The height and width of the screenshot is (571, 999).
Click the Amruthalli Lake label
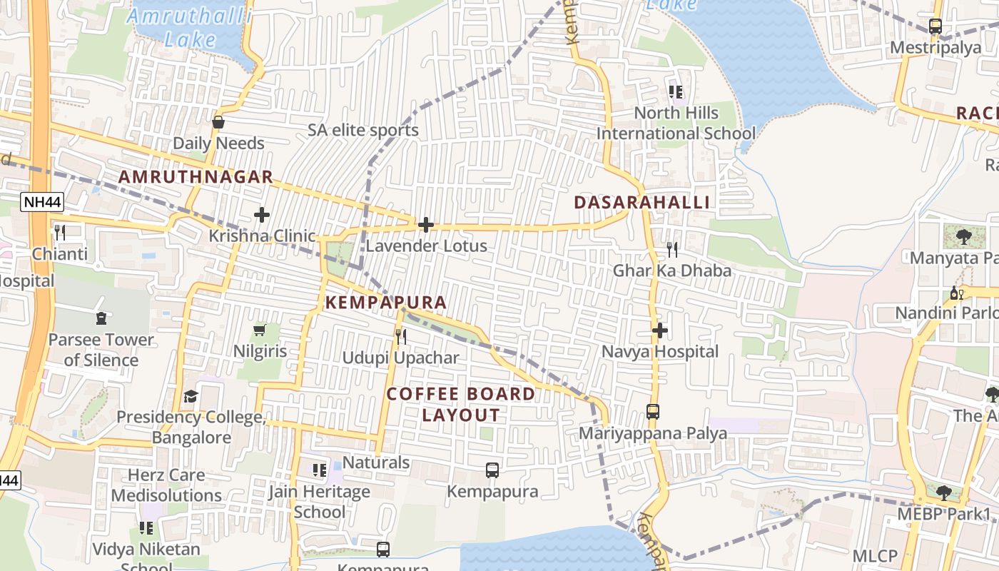[189, 27]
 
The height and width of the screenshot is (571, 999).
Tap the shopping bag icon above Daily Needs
[218, 122]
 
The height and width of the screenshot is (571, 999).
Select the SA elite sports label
[363, 131]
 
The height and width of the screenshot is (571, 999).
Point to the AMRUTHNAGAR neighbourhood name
[196, 177]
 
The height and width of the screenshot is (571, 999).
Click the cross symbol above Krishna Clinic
[262, 214]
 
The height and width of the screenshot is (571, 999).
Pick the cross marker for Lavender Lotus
[426, 225]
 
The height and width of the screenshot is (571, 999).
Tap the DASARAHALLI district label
[642, 203]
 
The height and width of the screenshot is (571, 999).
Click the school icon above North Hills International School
[676, 91]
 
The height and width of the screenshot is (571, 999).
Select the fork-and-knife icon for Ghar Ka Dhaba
[672, 249]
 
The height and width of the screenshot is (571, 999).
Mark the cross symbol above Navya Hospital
[660, 330]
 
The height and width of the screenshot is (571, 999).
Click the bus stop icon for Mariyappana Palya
[653, 412]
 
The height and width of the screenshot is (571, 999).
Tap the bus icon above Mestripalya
[935, 26]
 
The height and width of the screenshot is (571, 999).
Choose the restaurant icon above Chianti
[60, 232]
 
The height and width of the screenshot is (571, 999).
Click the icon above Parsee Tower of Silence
[101, 318]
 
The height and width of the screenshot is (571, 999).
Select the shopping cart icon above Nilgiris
[260, 330]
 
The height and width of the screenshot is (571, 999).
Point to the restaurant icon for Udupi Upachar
[401, 336]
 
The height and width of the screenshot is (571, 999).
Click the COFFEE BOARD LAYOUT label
[461, 404]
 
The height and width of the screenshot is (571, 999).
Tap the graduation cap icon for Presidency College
[191, 396]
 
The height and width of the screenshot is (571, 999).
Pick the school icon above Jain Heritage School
[319, 470]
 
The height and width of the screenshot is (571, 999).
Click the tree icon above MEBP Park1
[943, 492]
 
